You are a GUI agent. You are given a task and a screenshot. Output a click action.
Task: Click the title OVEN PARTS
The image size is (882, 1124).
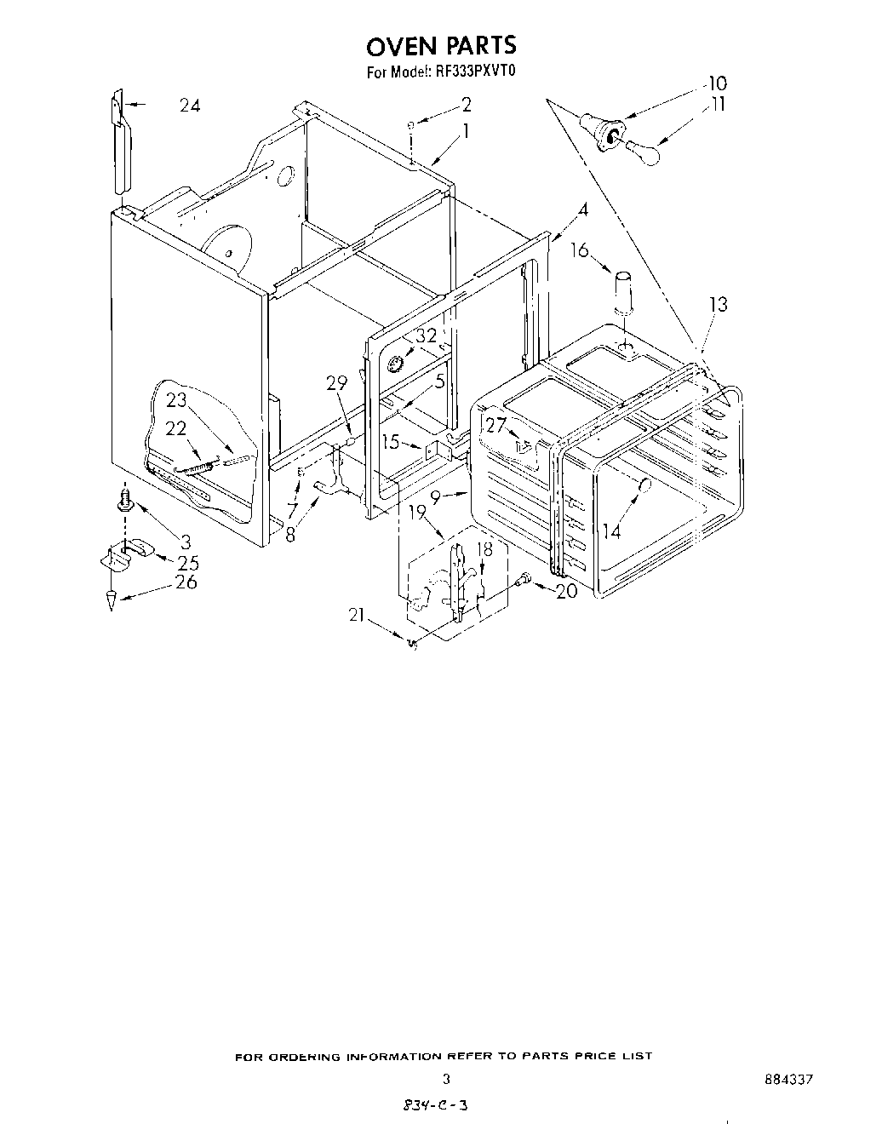pos(441,44)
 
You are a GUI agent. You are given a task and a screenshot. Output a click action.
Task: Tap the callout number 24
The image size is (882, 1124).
pos(191,106)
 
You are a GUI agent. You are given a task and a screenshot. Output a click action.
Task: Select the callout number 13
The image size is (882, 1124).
pos(719,304)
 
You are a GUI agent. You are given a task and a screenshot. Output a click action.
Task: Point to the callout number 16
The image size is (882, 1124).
pos(579,249)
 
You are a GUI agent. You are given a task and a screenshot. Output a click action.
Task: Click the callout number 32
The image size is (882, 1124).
pos(426,335)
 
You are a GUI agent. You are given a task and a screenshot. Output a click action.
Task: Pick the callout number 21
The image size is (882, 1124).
pos(358,616)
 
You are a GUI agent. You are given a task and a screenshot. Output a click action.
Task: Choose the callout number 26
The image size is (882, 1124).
pos(186,582)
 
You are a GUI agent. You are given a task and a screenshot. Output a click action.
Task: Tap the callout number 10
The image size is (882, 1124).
pos(717,83)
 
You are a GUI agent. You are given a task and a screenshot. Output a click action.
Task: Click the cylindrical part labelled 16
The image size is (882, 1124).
pos(625,292)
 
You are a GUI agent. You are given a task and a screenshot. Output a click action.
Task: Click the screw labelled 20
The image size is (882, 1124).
pos(524,579)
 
